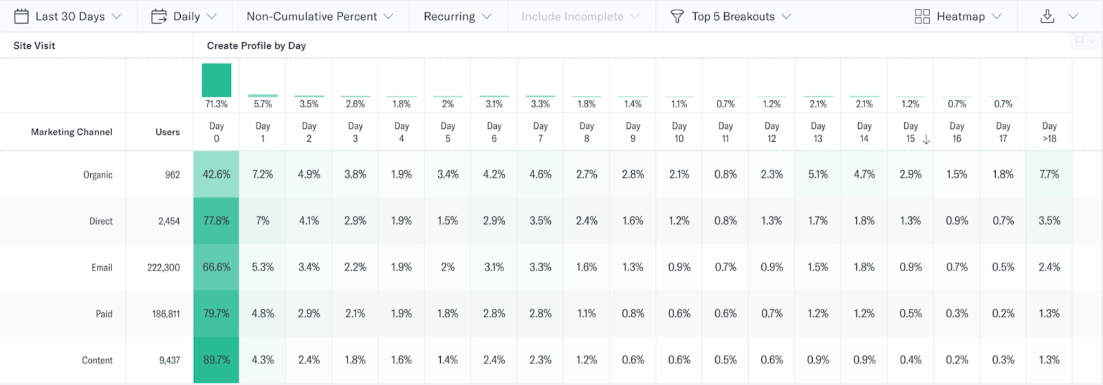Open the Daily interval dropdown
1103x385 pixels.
pos(184,16)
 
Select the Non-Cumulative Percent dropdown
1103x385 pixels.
pos(319,16)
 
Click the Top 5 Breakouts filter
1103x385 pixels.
pos(730,16)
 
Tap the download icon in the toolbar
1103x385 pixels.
pos(1047,16)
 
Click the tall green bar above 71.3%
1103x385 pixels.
pos(216,80)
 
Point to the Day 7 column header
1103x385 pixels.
pos(540,132)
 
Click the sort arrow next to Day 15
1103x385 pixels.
pos(926,139)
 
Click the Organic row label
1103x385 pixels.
pos(98,174)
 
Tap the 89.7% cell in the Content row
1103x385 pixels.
pos(216,360)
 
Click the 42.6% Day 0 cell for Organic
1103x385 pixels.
pos(216,174)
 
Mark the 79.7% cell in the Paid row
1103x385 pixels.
pos(216,313)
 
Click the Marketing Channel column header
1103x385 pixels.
pos(72,132)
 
